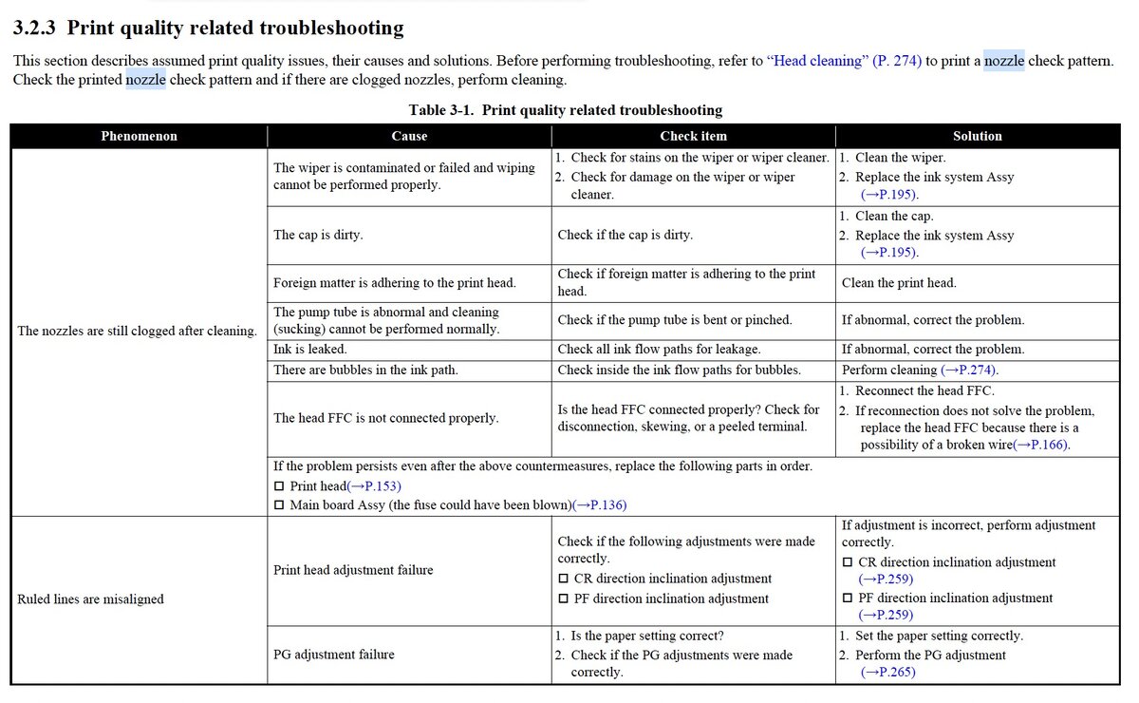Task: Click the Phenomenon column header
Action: click(x=139, y=136)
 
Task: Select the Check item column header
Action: click(x=693, y=136)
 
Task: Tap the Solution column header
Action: click(x=977, y=136)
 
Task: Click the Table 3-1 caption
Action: click(x=565, y=110)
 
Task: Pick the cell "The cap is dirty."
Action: click(x=318, y=235)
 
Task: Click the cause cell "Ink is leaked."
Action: click(x=309, y=349)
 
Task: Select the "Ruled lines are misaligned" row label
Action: click(x=90, y=598)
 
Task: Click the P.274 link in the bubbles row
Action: click(x=969, y=370)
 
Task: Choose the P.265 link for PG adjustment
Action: click(x=888, y=673)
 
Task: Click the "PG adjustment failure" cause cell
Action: click(x=334, y=654)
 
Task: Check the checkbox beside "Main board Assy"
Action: click(x=279, y=505)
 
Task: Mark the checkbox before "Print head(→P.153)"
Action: click(x=279, y=486)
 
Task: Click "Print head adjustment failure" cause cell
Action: click(x=353, y=570)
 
